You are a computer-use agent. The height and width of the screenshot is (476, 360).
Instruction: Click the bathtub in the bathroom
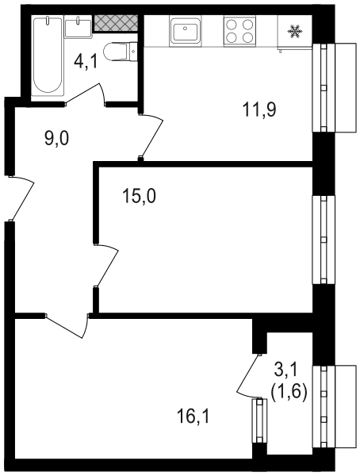point(48,56)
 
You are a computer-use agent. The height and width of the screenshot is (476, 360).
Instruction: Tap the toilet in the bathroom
point(121,52)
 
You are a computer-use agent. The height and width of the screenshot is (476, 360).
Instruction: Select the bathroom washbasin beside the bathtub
point(79,27)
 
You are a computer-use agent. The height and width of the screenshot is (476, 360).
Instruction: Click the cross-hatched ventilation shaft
point(116,23)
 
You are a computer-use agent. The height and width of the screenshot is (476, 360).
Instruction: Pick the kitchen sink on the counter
point(186,31)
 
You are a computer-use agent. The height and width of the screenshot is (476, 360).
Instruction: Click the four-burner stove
point(239,31)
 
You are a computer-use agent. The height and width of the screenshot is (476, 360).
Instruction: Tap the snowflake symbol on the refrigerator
point(295,32)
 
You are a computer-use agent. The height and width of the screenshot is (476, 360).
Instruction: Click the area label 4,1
point(86,62)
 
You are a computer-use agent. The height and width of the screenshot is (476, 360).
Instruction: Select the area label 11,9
point(259,109)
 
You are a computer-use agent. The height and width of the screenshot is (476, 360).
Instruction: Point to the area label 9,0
point(57,139)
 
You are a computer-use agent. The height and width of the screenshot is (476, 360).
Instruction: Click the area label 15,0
point(139,196)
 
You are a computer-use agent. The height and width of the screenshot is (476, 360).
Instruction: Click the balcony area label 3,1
point(286,370)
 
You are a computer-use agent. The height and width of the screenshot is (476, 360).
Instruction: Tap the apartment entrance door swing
point(22,198)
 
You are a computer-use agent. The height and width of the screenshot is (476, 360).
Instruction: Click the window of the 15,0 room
point(324,240)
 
